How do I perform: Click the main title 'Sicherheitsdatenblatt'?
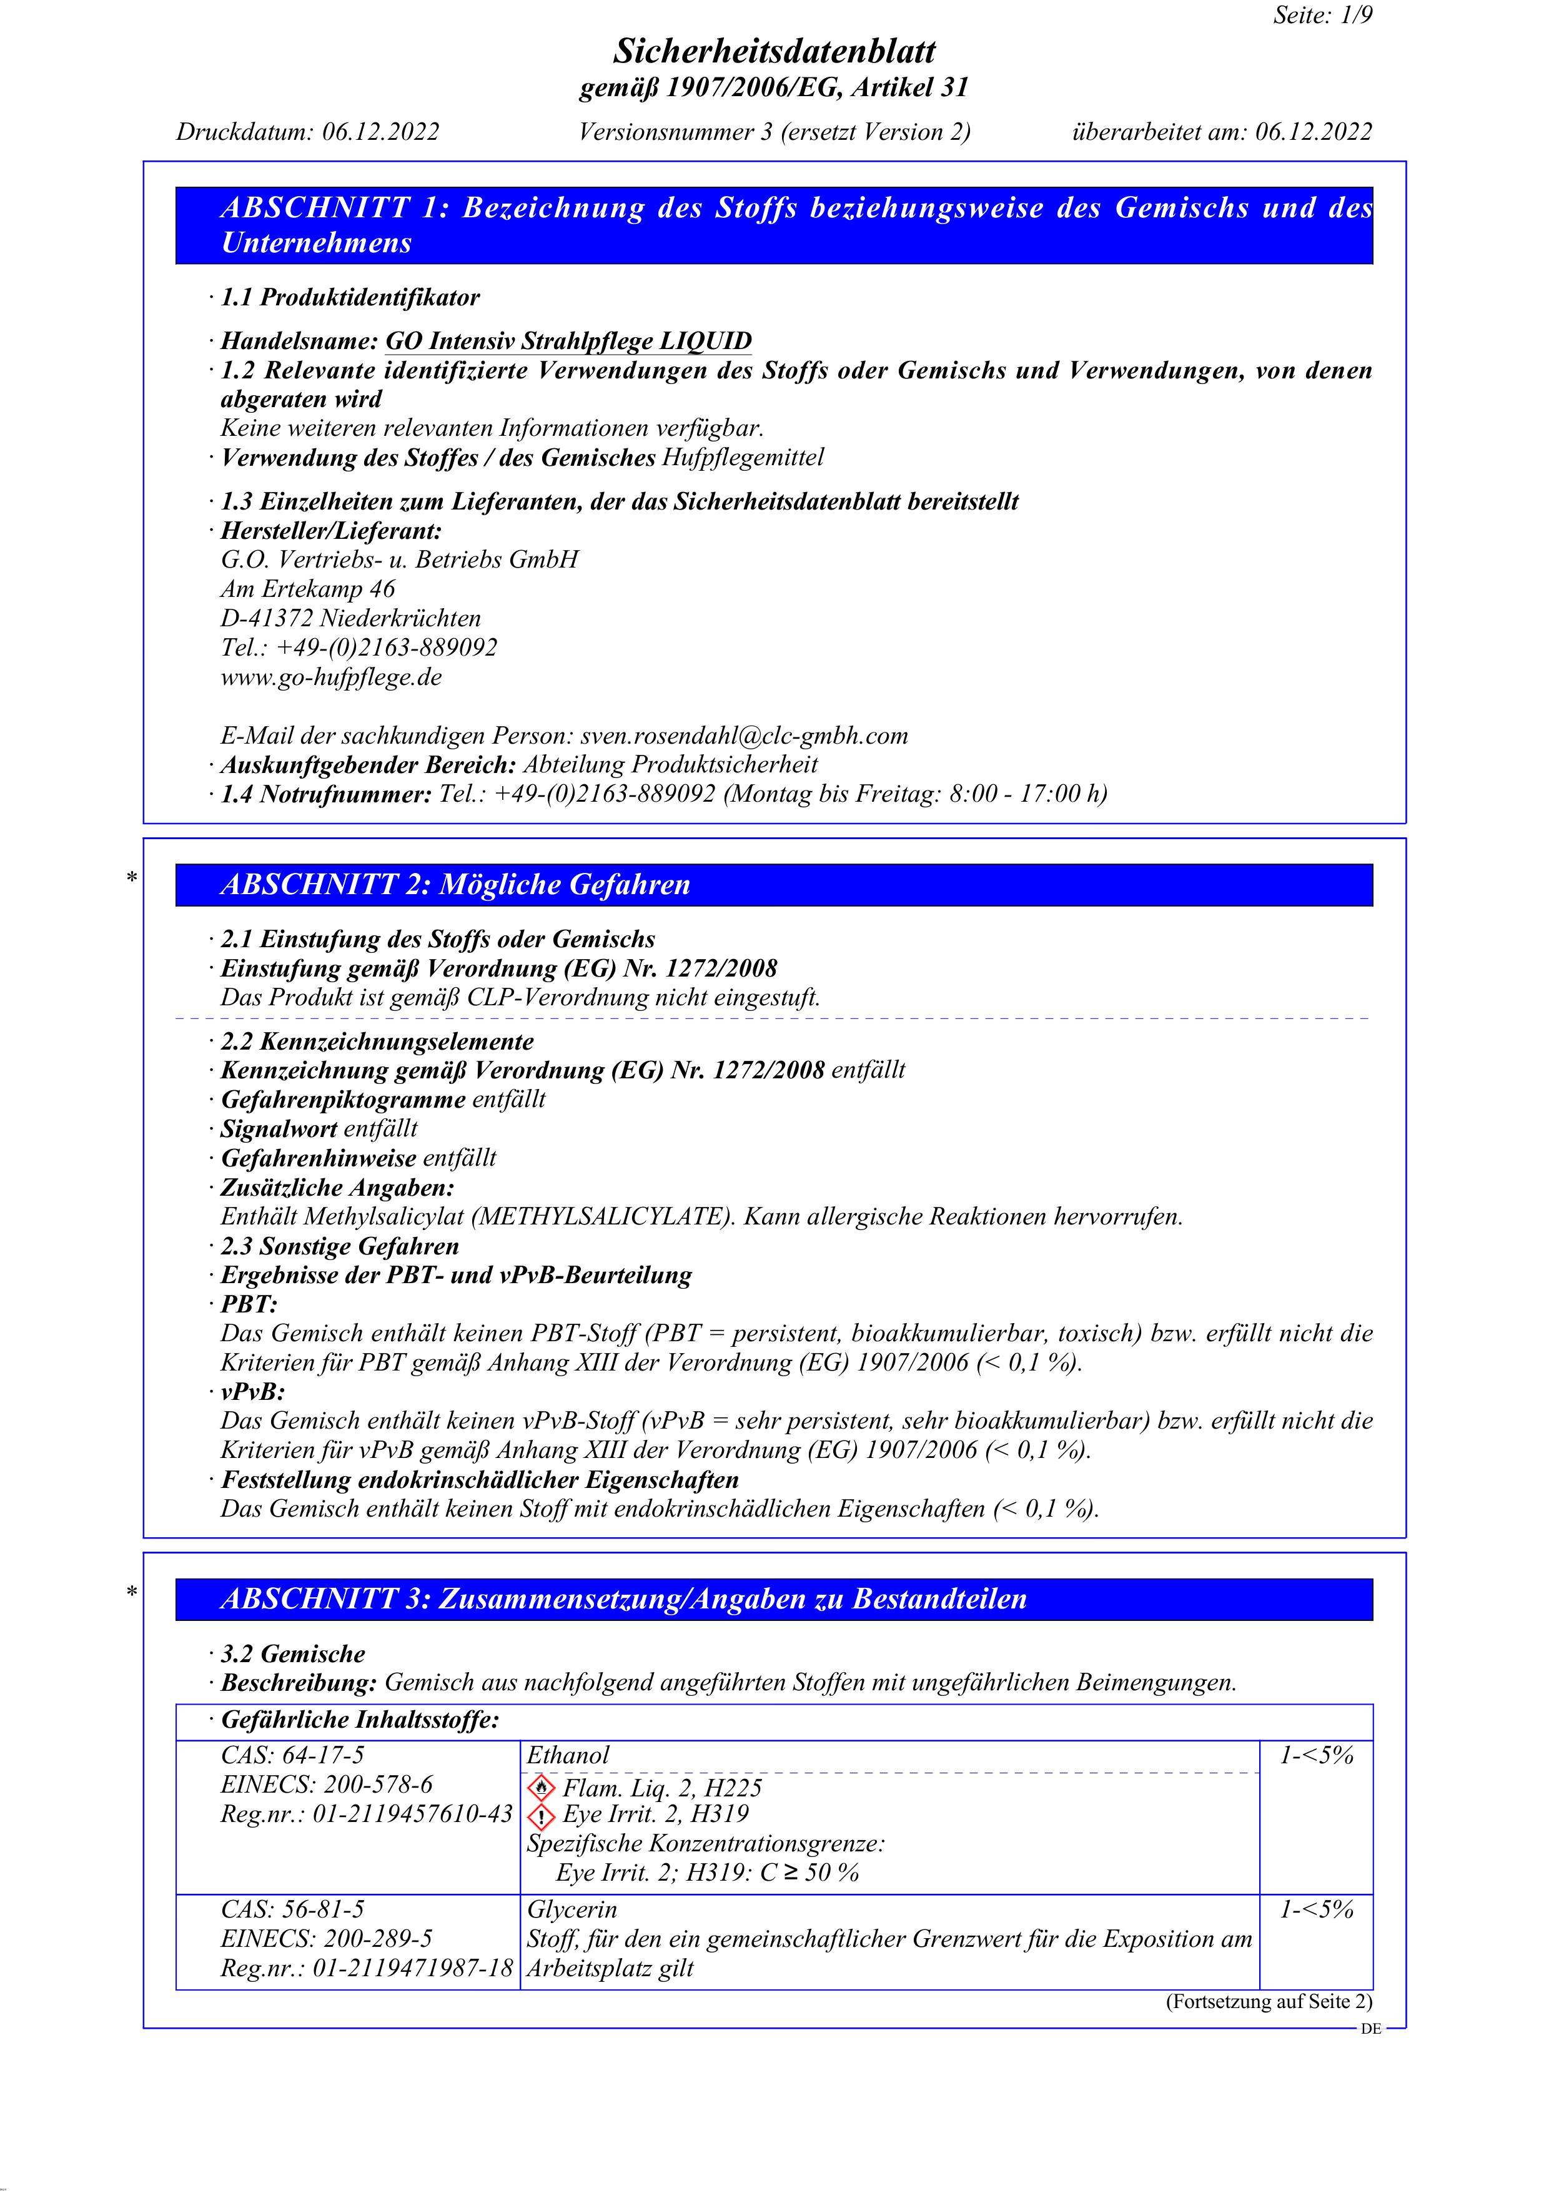click(x=774, y=51)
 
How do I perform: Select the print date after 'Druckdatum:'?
click(x=380, y=132)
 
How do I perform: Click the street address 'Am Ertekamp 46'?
click(x=307, y=589)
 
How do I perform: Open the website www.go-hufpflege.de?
click(x=331, y=677)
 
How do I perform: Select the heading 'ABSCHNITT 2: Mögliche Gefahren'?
click(x=455, y=885)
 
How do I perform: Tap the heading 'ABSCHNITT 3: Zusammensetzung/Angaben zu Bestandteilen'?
click(x=623, y=1598)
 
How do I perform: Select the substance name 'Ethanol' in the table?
click(x=568, y=1755)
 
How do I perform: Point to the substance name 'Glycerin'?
click(x=572, y=1909)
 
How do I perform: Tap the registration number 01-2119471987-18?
click(x=412, y=1967)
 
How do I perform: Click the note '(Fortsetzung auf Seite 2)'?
click(x=1269, y=2002)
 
